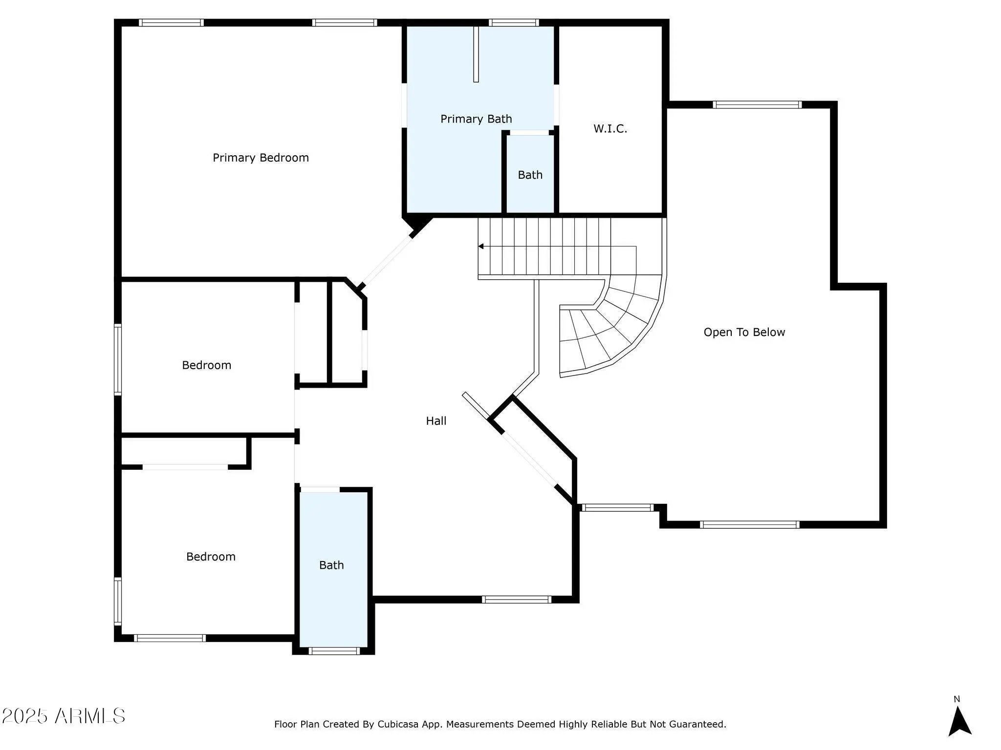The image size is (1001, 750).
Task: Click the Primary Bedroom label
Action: [261, 158]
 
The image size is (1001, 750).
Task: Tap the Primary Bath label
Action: [476, 119]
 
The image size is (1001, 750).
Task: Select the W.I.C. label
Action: [610, 128]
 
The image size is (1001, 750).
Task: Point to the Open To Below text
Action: [744, 332]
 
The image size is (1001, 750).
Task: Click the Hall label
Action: [436, 420]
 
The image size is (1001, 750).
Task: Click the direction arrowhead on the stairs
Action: [481, 246]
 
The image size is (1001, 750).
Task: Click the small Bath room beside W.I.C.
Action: [530, 174]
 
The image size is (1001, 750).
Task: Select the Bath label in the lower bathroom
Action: [331, 565]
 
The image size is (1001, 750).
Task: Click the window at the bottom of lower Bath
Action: [334, 650]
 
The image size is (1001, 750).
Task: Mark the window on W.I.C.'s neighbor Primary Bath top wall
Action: [513, 22]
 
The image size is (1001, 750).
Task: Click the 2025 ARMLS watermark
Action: [64, 716]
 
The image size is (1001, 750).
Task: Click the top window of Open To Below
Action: [757, 104]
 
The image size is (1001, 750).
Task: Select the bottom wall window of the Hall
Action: [517, 600]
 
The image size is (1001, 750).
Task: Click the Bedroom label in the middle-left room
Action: [206, 365]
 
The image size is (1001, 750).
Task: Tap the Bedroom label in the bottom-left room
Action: [211, 557]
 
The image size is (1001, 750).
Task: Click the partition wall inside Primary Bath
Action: [476, 54]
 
